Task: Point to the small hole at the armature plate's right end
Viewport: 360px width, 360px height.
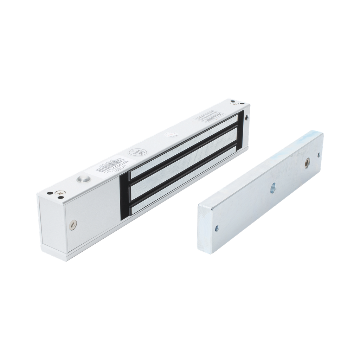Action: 319,154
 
